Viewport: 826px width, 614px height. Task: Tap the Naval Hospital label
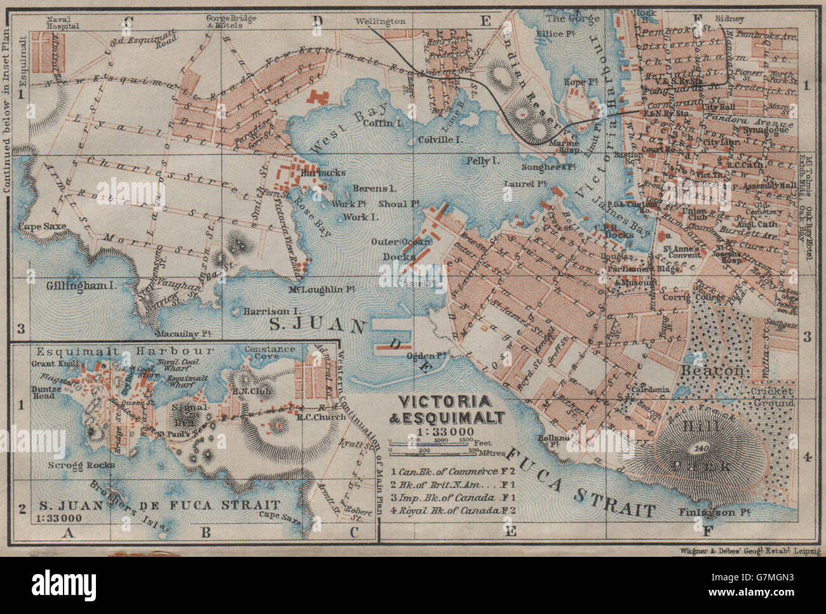62,23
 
